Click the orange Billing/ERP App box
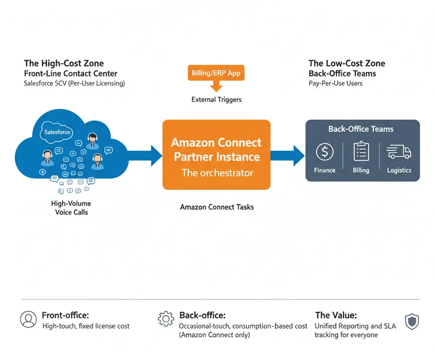pyautogui.click(x=216, y=73)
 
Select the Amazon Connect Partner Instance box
pyautogui.click(x=216, y=155)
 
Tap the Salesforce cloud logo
pyautogui.click(x=57, y=132)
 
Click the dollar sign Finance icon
pyautogui.click(x=325, y=152)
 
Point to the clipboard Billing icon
pyautogui.click(x=361, y=151)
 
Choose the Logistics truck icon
pyautogui.click(x=399, y=151)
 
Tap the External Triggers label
pyautogui.click(x=216, y=100)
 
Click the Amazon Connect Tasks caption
pyautogui.click(x=217, y=207)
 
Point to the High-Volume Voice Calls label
pyautogui.click(x=71, y=208)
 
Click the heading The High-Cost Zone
pyautogui.click(x=64, y=64)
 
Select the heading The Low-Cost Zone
pyautogui.click(x=347, y=64)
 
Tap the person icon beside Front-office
pyautogui.click(x=28, y=320)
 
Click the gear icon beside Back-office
pyautogui.click(x=166, y=319)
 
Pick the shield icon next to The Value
pyautogui.click(x=412, y=321)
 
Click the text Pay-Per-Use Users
pyautogui.click(x=335, y=83)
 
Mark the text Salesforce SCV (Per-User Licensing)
pyautogui.click(x=74, y=83)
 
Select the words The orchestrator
pyautogui.click(x=217, y=173)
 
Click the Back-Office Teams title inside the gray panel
pyautogui.click(x=361, y=129)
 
